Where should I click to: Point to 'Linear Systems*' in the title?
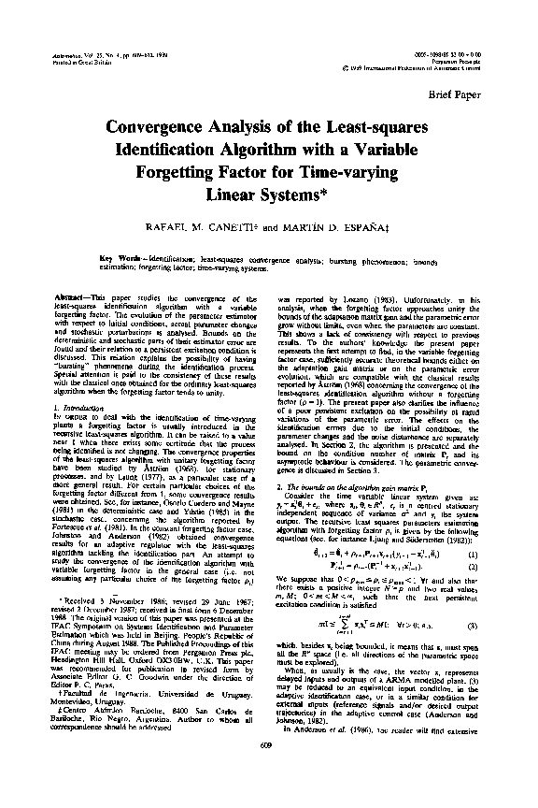click(x=271, y=195)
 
